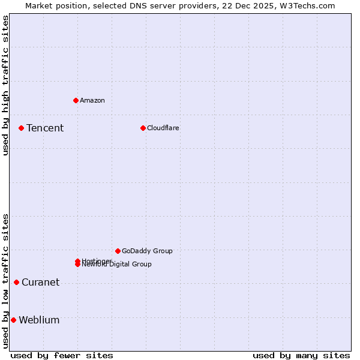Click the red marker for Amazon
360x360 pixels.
(76, 100)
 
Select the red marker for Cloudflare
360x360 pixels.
(143, 128)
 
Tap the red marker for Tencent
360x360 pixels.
(21, 128)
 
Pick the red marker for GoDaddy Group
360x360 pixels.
(118, 251)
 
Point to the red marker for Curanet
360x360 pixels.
(16, 282)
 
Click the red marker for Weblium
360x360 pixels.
(13, 320)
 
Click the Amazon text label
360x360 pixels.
(92, 100)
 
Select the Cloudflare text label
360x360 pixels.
(163, 128)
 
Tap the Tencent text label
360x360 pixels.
(45, 128)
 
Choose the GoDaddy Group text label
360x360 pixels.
(147, 251)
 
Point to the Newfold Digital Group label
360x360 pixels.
(117, 265)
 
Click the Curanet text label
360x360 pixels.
(40, 283)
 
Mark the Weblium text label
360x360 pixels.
(39, 320)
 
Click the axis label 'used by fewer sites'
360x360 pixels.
(62, 355)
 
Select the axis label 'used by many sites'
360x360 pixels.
(301, 355)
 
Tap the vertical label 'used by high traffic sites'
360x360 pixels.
(5, 86)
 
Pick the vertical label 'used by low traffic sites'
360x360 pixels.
(5, 281)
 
